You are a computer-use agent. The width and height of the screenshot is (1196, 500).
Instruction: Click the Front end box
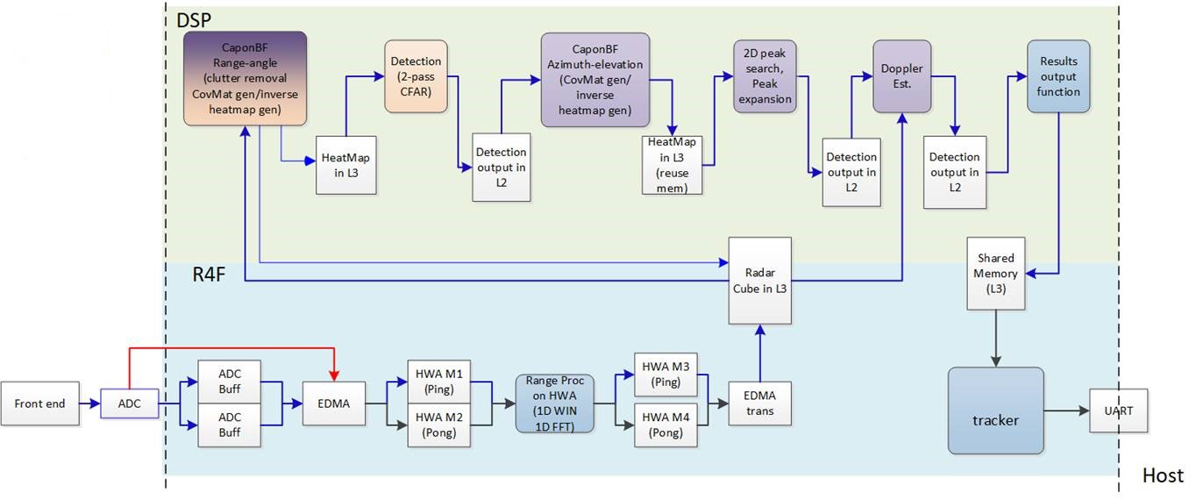[x=38, y=404]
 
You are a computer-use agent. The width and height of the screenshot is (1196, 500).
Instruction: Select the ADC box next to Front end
[x=130, y=404]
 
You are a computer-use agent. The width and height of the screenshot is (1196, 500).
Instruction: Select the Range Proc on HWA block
[x=555, y=404]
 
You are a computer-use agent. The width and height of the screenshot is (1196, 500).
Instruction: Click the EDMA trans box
[x=758, y=403]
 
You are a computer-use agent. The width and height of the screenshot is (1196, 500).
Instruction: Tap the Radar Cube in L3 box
[x=760, y=280]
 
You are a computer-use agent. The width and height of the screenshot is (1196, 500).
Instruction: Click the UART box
[x=1118, y=410]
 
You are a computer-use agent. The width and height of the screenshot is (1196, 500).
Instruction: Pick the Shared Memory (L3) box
[x=995, y=273]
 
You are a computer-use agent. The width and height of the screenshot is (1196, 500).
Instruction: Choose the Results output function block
[x=1058, y=76]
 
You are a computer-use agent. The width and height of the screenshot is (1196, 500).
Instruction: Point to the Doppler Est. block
[x=901, y=75]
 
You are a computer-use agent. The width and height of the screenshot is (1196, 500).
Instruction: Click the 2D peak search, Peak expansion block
[x=765, y=75]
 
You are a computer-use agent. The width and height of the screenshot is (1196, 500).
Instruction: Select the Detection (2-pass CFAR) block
[x=416, y=75]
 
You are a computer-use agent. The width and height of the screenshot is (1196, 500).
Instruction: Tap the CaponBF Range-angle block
[x=245, y=78]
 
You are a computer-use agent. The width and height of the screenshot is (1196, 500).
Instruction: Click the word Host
[x=1163, y=476]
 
